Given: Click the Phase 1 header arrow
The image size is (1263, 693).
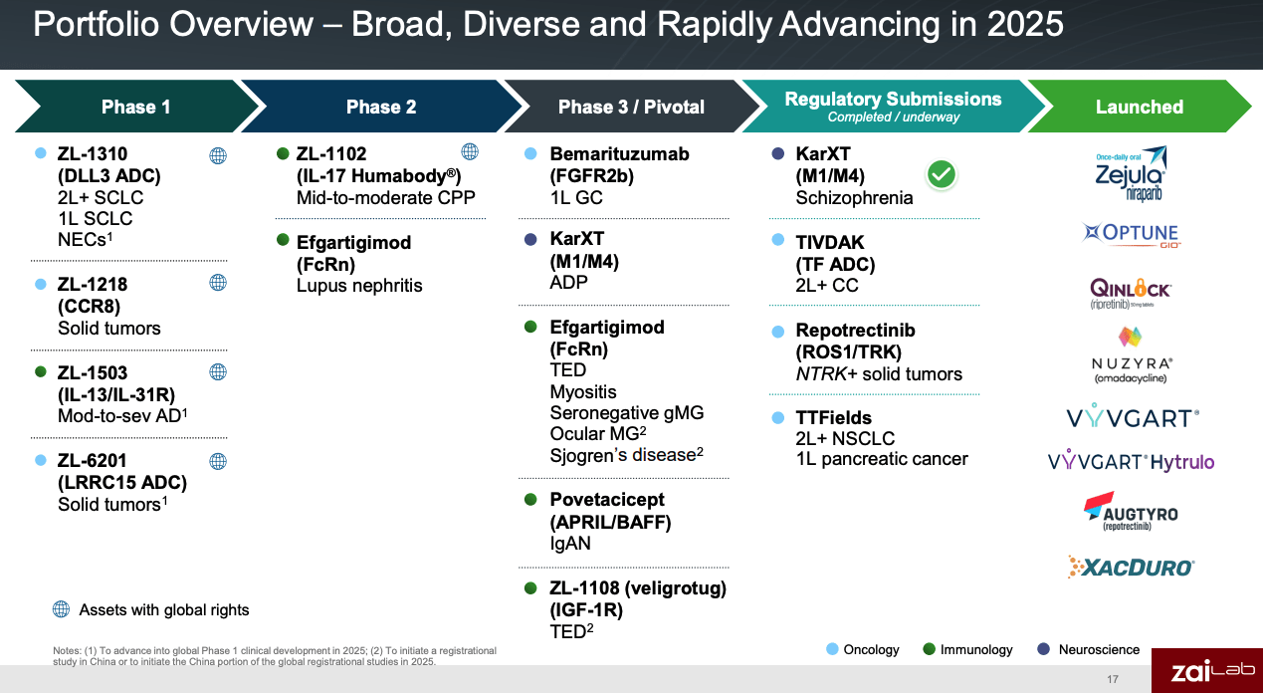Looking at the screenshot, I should (x=135, y=107).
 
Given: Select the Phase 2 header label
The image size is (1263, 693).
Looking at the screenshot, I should (x=380, y=107).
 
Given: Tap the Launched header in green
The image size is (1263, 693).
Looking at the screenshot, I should (x=1139, y=107).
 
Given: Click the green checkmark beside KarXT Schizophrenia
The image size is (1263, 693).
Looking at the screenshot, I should (x=941, y=175).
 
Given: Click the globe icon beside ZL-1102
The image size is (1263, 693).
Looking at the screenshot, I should (x=470, y=151).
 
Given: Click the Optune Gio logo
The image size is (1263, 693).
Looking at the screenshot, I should (x=1130, y=235).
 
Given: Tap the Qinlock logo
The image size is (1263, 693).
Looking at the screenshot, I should (x=1130, y=292).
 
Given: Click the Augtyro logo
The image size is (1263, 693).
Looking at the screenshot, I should (x=1130, y=512).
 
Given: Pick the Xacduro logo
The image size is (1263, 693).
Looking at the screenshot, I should (x=1130, y=567).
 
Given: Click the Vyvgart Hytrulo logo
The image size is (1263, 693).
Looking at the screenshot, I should (x=1130, y=462).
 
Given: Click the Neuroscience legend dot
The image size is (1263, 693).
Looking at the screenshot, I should (x=1043, y=649).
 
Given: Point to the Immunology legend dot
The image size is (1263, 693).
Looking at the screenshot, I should (x=929, y=649).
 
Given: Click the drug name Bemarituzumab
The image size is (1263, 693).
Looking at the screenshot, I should (x=619, y=154).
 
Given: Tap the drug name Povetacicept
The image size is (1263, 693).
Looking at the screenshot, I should (x=607, y=500).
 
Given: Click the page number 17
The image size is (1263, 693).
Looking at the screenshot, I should (x=1112, y=679).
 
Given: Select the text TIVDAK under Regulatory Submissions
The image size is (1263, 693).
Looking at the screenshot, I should (x=830, y=242).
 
